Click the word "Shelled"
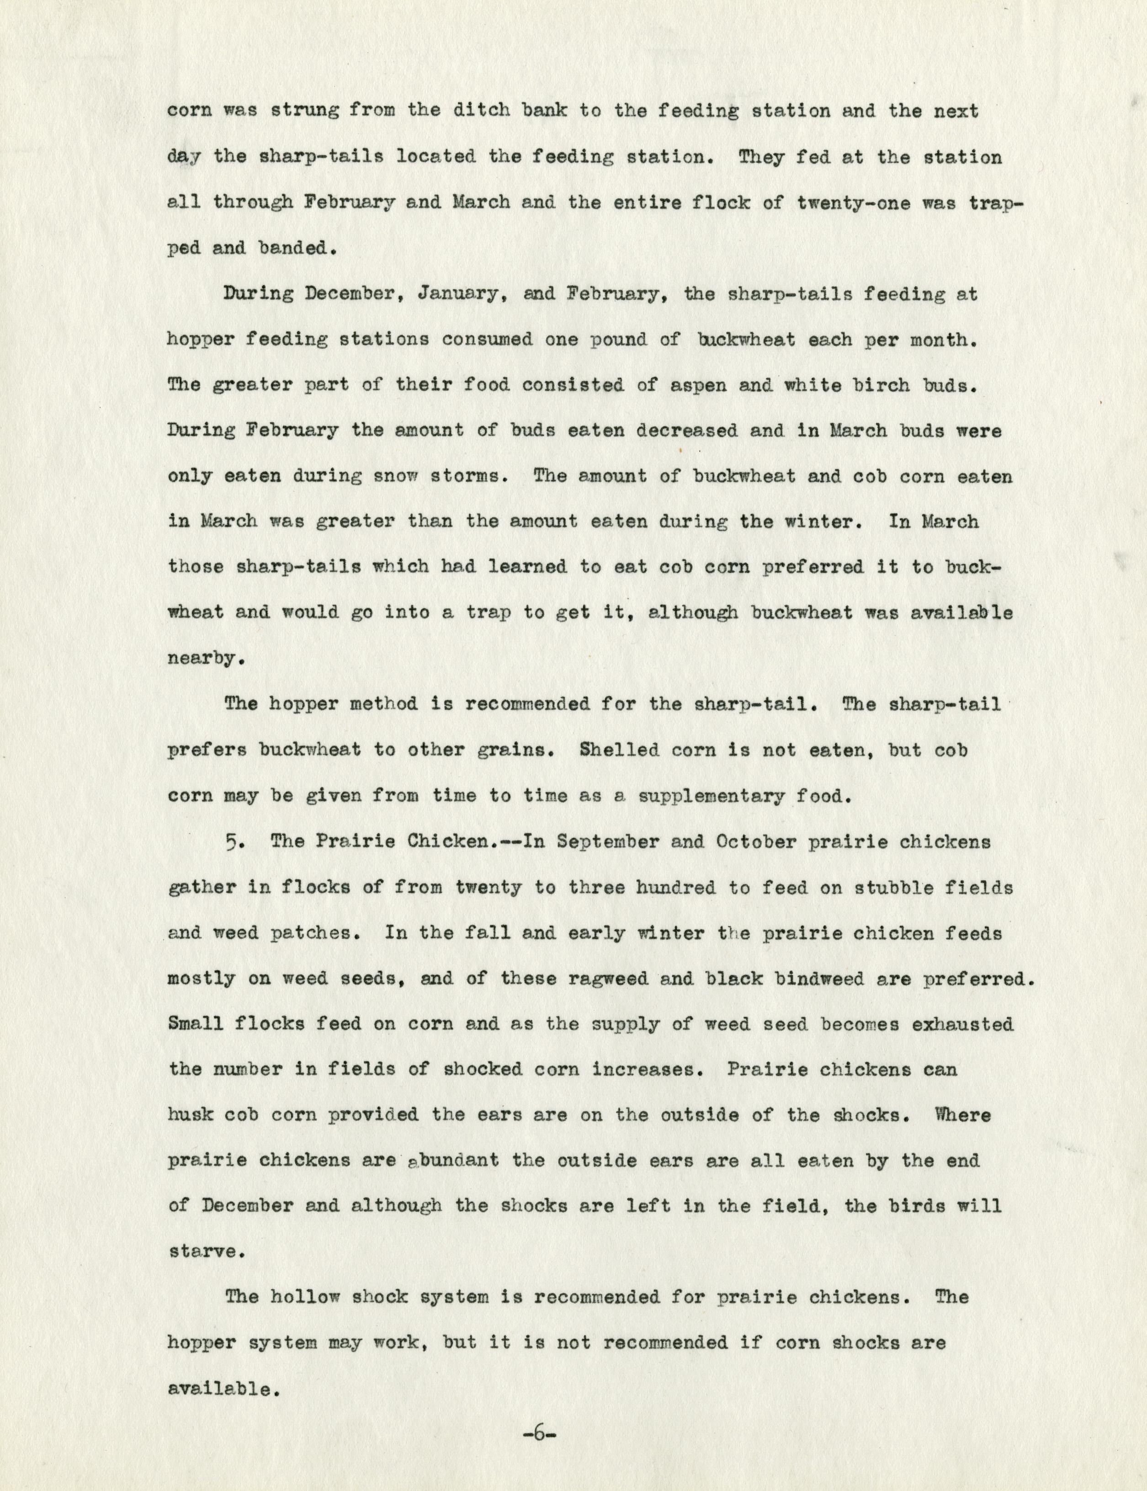(x=620, y=750)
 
